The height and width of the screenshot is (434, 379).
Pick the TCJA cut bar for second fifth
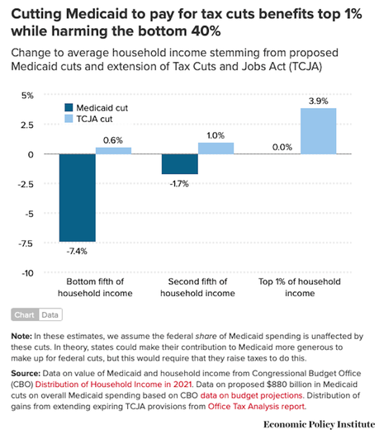(215, 149)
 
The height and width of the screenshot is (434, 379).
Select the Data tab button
(50, 314)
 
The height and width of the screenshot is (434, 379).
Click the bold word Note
(21, 337)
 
